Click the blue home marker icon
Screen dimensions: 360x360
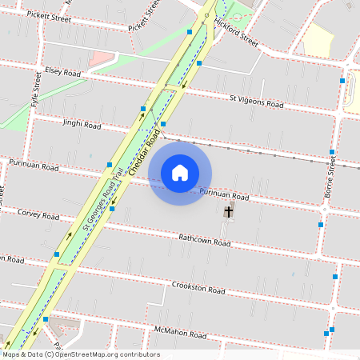tap(180, 172)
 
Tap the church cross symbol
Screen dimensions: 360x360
tap(229, 212)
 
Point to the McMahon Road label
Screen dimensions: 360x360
tap(181, 333)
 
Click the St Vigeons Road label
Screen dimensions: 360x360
tap(256, 101)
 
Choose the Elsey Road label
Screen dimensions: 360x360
tap(63, 72)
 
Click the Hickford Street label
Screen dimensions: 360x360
tap(236, 36)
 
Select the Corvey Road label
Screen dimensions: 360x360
tap(38, 214)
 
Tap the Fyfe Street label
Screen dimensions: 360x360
tap(34, 90)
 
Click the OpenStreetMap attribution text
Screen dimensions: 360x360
tap(81, 354)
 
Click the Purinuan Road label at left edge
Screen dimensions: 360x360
tap(34, 166)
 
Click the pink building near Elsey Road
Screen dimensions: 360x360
tap(101, 58)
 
